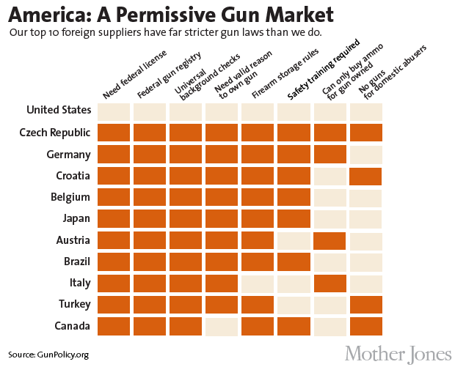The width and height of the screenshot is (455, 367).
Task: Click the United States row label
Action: [x=59, y=111]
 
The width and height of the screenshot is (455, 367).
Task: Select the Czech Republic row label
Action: [x=56, y=133]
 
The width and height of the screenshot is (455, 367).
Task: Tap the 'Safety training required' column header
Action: [x=321, y=71]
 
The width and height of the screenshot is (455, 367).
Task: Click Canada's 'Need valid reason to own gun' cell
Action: [x=222, y=326]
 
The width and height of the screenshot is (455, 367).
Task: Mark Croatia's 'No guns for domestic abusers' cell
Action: [x=366, y=177]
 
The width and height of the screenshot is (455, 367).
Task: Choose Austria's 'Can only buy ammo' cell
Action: [x=330, y=240]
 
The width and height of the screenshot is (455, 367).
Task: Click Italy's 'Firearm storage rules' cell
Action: [x=258, y=283]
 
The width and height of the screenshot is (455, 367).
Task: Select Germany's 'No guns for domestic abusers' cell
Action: [x=366, y=155]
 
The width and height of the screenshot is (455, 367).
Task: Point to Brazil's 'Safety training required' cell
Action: [x=294, y=262]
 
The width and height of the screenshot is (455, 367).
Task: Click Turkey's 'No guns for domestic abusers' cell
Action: [x=366, y=305]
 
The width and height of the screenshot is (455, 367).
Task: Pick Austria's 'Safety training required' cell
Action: [x=294, y=240]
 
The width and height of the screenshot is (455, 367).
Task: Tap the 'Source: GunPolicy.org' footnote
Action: [x=48, y=355]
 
